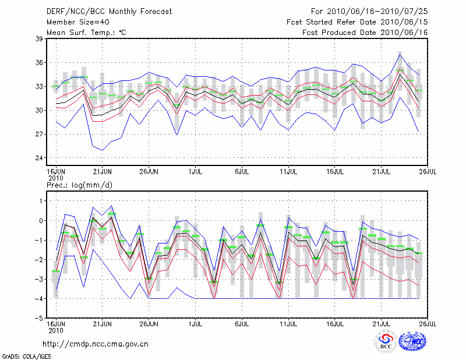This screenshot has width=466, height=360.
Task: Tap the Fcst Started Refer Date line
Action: click(357, 22)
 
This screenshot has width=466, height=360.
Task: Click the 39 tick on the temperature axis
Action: click(40, 39)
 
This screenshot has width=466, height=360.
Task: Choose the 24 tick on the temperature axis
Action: click(40, 158)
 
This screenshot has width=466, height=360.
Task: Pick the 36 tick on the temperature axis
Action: click(40, 63)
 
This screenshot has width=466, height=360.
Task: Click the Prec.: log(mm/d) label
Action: click(79, 185)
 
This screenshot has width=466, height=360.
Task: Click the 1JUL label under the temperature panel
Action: click(196, 172)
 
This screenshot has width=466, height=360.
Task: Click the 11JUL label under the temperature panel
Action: click(288, 172)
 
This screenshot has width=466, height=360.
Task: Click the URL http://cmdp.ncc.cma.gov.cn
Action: click(96, 344)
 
